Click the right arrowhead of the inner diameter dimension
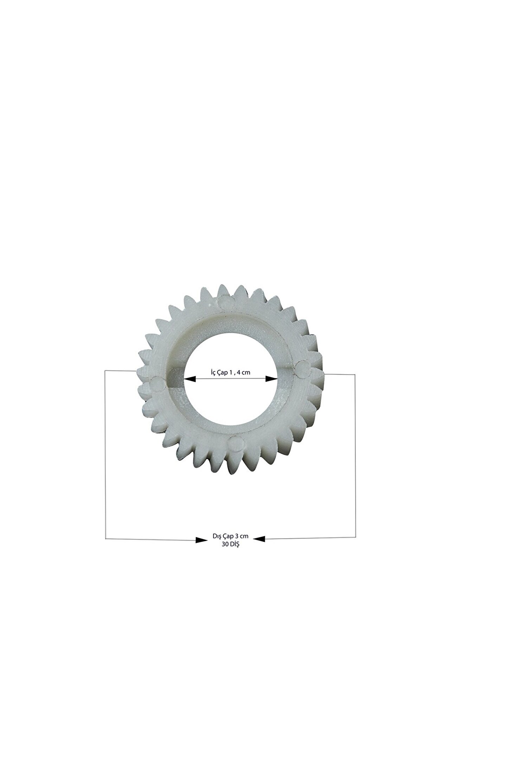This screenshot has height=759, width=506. tap(271, 379)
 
